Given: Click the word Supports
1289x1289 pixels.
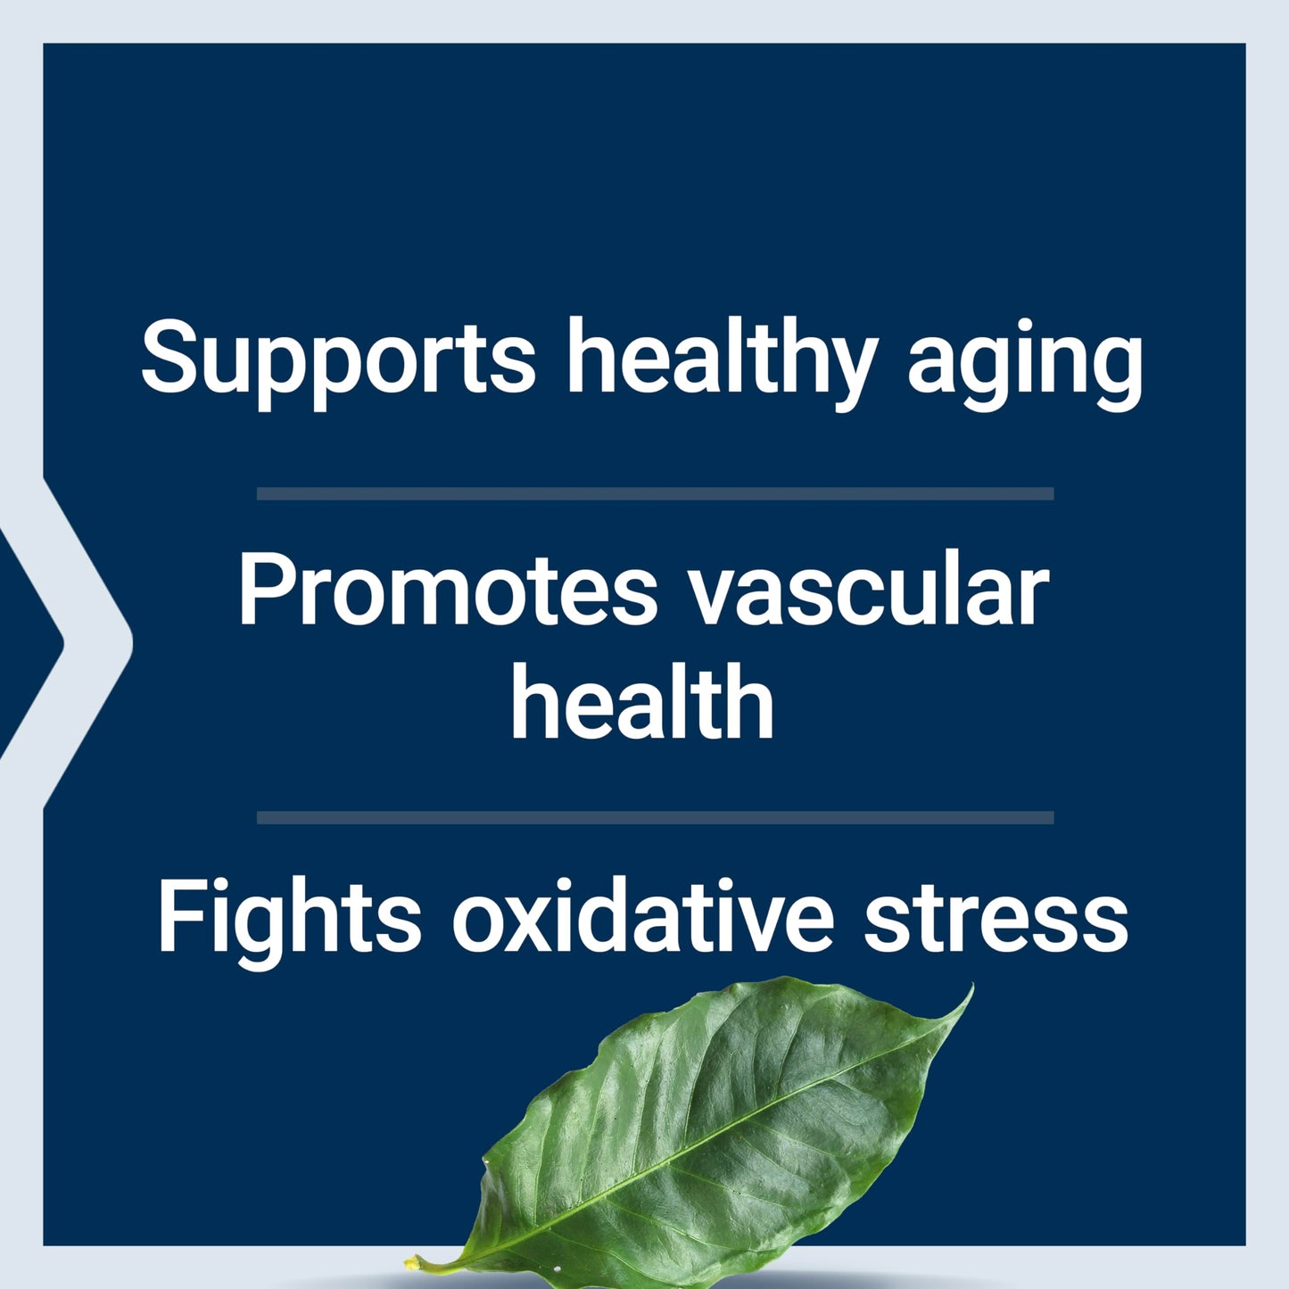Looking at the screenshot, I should click(x=337, y=359).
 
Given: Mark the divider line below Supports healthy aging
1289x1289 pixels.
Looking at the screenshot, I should click(x=655, y=493).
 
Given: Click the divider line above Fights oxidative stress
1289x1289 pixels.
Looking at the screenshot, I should click(x=655, y=817).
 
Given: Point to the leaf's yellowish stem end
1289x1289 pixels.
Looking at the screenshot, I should click(x=416, y=1262).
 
